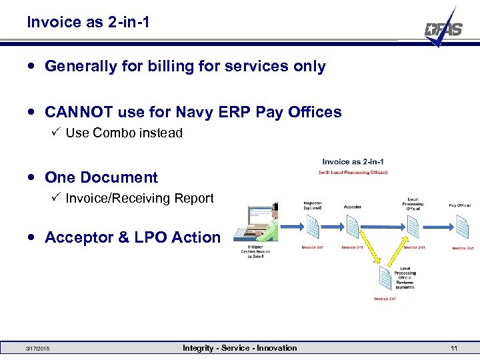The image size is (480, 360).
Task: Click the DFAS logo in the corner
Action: (443, 28)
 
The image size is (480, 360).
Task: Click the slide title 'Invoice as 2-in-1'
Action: (88, 22)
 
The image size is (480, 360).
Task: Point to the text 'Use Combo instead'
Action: (124, 133)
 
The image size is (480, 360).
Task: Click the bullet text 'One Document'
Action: (101, 177)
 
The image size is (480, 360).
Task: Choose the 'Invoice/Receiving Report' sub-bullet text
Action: (139, 198)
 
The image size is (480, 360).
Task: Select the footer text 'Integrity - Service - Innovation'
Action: (240, 348)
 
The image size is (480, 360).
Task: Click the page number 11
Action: (453, 349)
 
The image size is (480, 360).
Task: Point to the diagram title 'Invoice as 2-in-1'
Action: (353, 161)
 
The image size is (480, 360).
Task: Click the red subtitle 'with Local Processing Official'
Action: (353, 173)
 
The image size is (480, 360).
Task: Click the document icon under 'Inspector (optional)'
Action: (313, 226)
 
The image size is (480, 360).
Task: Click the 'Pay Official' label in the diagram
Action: (459, 205)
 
